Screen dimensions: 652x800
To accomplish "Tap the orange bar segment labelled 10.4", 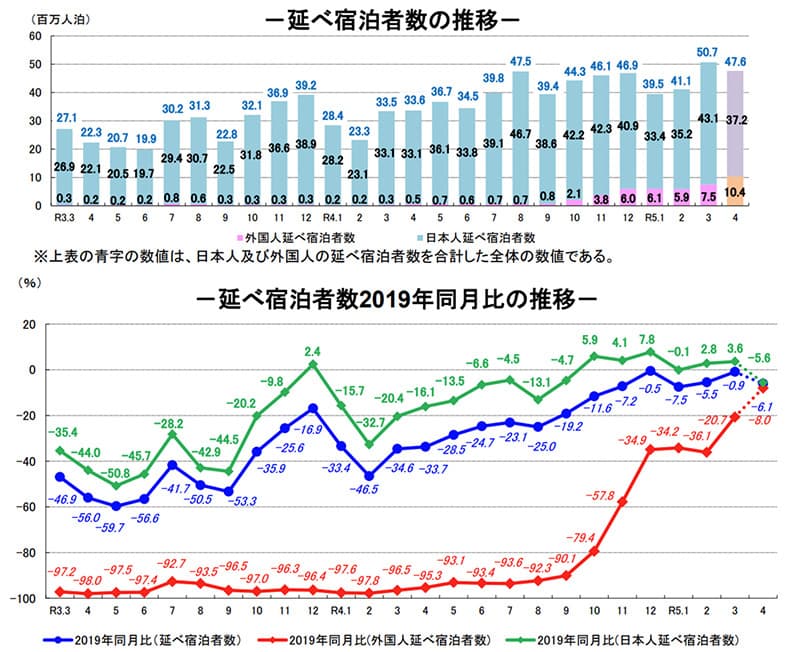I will point(736,191).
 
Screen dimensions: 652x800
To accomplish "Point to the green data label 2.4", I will point(313,351).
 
